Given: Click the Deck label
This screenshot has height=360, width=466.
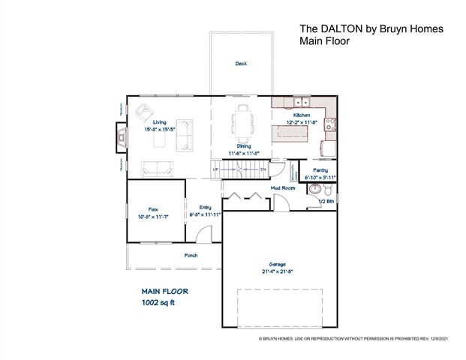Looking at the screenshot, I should (x=240, y=64).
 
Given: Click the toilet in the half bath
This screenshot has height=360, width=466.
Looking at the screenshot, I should (x=331, y=189).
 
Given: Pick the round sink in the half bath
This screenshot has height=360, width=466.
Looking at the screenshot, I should (x=316, y=187).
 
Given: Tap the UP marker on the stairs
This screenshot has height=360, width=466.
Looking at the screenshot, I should (x=217, y=170).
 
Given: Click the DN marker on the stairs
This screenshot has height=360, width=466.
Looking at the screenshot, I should (x=263, y=170).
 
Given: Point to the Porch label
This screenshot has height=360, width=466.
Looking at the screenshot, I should (x=191, y=255).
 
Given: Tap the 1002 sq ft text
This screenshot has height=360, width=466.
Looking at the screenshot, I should (x=158, y=303).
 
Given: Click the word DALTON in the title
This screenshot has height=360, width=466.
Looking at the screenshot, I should (x=342, y=28).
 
